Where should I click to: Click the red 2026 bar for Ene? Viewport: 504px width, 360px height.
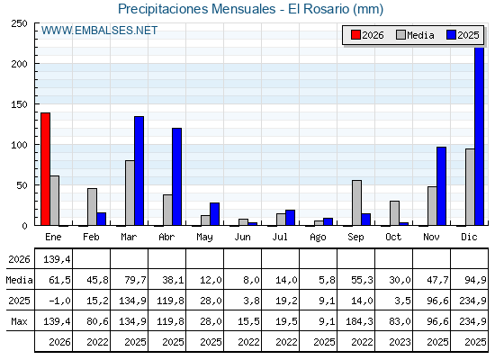45,169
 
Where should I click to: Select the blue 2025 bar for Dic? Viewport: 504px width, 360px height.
479,136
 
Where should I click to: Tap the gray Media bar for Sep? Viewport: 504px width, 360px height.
356,202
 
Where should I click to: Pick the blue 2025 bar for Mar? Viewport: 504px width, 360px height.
139,171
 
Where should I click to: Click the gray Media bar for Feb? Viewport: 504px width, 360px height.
92,207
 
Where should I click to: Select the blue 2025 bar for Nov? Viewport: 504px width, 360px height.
441,186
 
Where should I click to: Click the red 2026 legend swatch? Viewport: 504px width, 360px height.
355,35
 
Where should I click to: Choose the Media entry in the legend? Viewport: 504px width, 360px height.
415,35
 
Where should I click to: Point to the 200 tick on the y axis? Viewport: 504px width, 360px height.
36,64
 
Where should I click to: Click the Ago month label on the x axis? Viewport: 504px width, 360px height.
318,238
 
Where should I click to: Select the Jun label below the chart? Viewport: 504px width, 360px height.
242,238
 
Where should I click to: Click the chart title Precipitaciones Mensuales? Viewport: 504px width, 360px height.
197,9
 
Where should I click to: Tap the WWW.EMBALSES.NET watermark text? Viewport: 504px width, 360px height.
99,31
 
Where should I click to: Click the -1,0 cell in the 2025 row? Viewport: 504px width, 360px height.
59,301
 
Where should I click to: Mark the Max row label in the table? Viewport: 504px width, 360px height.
19,321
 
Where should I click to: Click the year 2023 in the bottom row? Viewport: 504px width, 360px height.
400,342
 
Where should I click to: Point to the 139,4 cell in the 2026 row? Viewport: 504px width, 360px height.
57,259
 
